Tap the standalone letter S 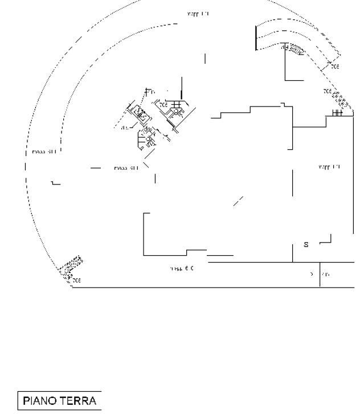click(x=306, y=245)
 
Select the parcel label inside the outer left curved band click(x=43, y=152)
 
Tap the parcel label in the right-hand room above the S click(x=329, y=167)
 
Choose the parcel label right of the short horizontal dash click(x=126, y=169)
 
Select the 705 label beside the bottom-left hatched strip click(x=76, y=280)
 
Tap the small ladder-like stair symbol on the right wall click(x=338, y=113)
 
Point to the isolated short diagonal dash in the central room click(x=238, y=201)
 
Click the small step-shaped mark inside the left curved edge click(x=55, y=183)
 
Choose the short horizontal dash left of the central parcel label click(x=95, y=169)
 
